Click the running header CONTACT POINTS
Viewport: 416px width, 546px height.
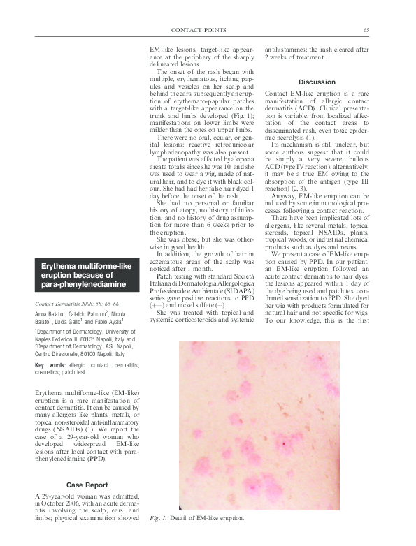click(199, 30)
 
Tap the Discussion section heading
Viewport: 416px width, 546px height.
click(317, 82)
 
